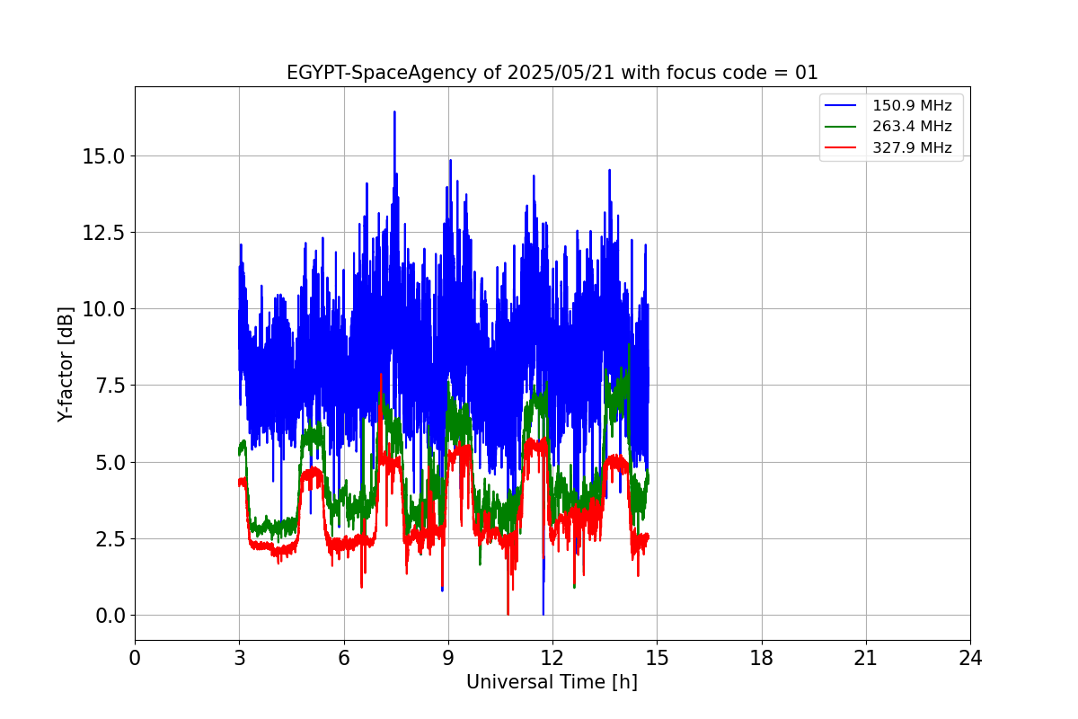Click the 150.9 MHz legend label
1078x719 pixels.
912,105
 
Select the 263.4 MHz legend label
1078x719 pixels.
912,127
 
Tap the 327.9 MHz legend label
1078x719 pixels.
912,148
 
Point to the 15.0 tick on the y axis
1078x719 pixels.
105,156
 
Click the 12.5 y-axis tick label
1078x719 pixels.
105,233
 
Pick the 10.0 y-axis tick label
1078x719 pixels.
105,309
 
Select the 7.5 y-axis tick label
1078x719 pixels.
111,386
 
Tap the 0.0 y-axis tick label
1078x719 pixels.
111,616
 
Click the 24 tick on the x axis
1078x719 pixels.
970,658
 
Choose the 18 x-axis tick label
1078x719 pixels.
762,658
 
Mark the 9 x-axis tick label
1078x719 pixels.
448,658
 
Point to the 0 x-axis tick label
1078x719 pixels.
135,658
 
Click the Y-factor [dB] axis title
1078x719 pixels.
65,364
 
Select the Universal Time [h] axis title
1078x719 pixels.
552,682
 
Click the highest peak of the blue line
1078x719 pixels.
393,112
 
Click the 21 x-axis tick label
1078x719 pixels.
866,658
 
